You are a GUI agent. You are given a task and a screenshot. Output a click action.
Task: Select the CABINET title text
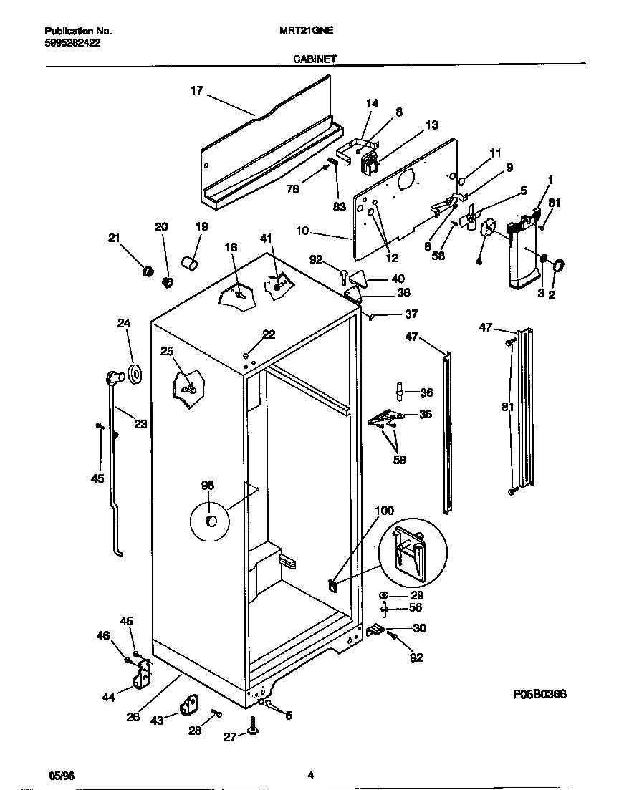(315, 61)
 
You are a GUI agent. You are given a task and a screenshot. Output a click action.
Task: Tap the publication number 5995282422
(72, 43)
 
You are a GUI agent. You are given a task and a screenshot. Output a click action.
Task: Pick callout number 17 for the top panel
(196, 90)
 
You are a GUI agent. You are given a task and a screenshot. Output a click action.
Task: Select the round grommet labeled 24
(134, 372)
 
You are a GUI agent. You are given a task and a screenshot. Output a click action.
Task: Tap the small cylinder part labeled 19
(189, 265)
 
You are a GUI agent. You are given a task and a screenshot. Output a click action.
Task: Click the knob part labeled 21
(148, 271)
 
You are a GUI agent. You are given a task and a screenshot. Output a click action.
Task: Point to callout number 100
(385, 511)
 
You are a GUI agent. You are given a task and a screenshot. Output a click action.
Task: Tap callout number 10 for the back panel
(302, 231)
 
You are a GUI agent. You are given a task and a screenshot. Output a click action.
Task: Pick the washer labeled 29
(385, 595)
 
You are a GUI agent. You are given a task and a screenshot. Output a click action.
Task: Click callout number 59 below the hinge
(399, 460)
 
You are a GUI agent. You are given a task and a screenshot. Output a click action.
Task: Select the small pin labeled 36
(400, 392)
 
